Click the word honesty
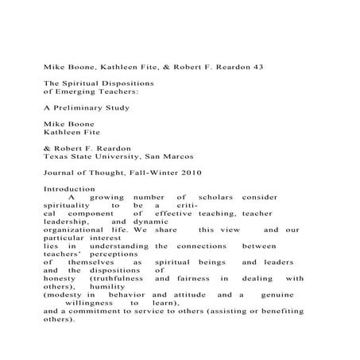[60, 279]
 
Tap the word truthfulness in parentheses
[117, 279]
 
